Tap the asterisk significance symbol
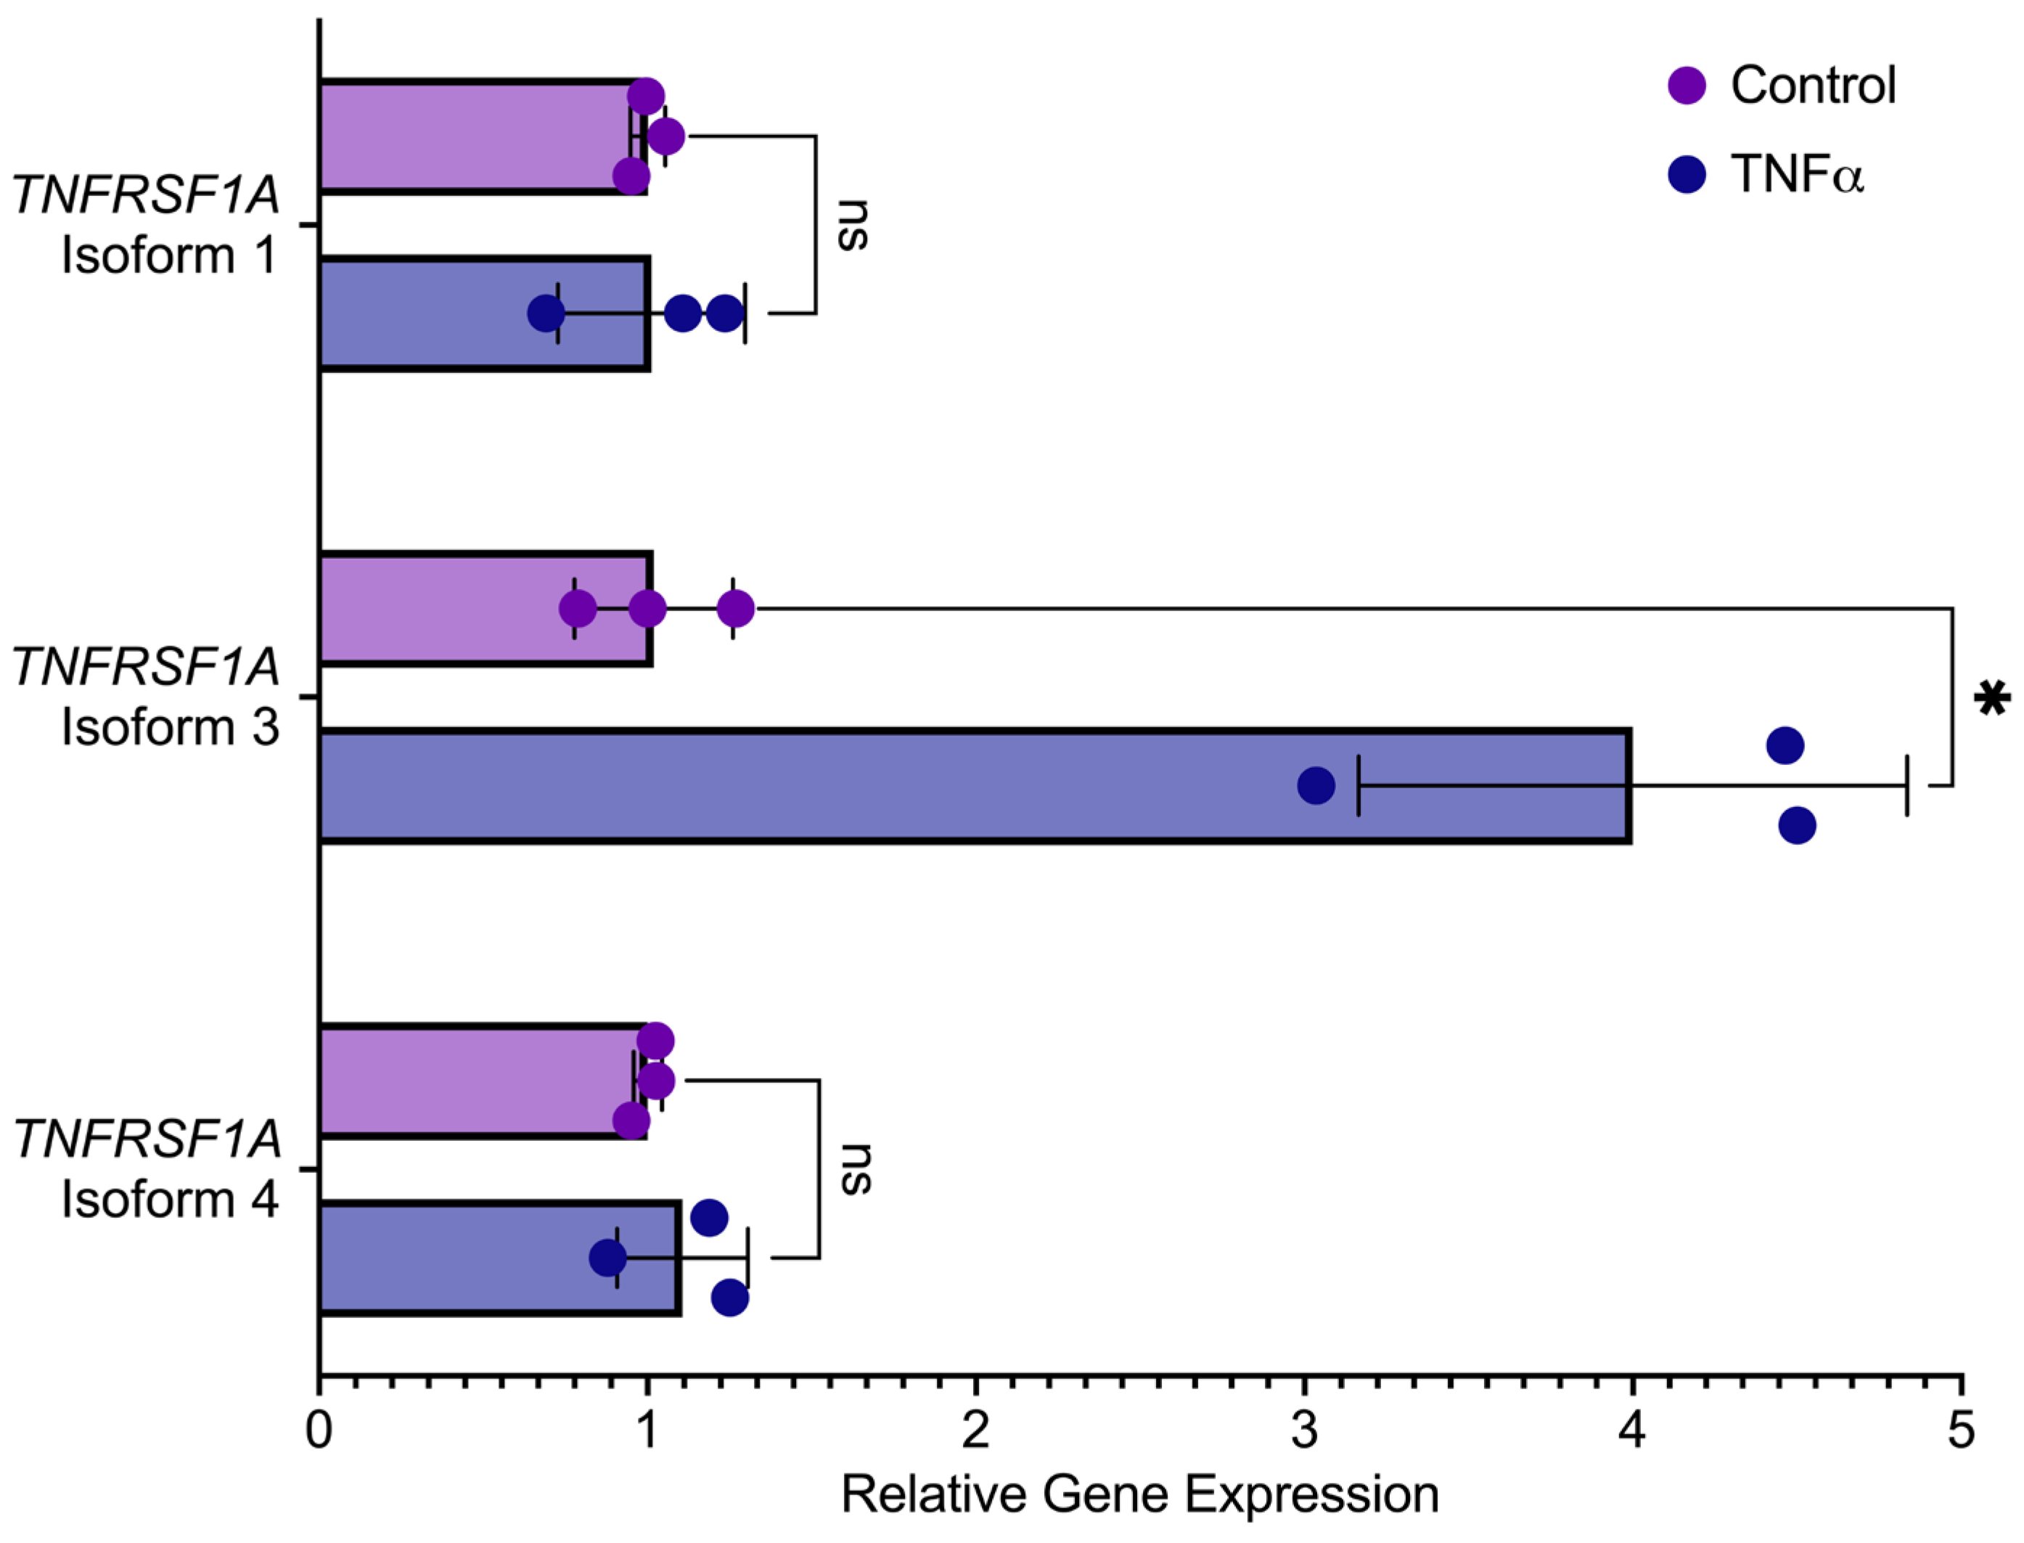click(1991, 699)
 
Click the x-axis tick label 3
click(1304, 1430)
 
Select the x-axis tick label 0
click(319, 1430)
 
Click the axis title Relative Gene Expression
click(1139, 1494)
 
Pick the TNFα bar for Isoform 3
click(973, 786)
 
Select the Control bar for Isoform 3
click(485, 609)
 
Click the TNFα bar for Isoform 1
click(484, 314)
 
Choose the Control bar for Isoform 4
click(482, 1081)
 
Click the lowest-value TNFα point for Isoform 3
click(1315, 785)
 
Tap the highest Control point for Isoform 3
click(736, 608)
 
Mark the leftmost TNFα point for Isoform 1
click(546, 314)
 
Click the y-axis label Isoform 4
click(170, 1200)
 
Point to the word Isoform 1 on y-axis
click(170, 255)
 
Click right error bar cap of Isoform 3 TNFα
click(1907, 785)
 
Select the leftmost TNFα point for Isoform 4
click(607, 1257)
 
